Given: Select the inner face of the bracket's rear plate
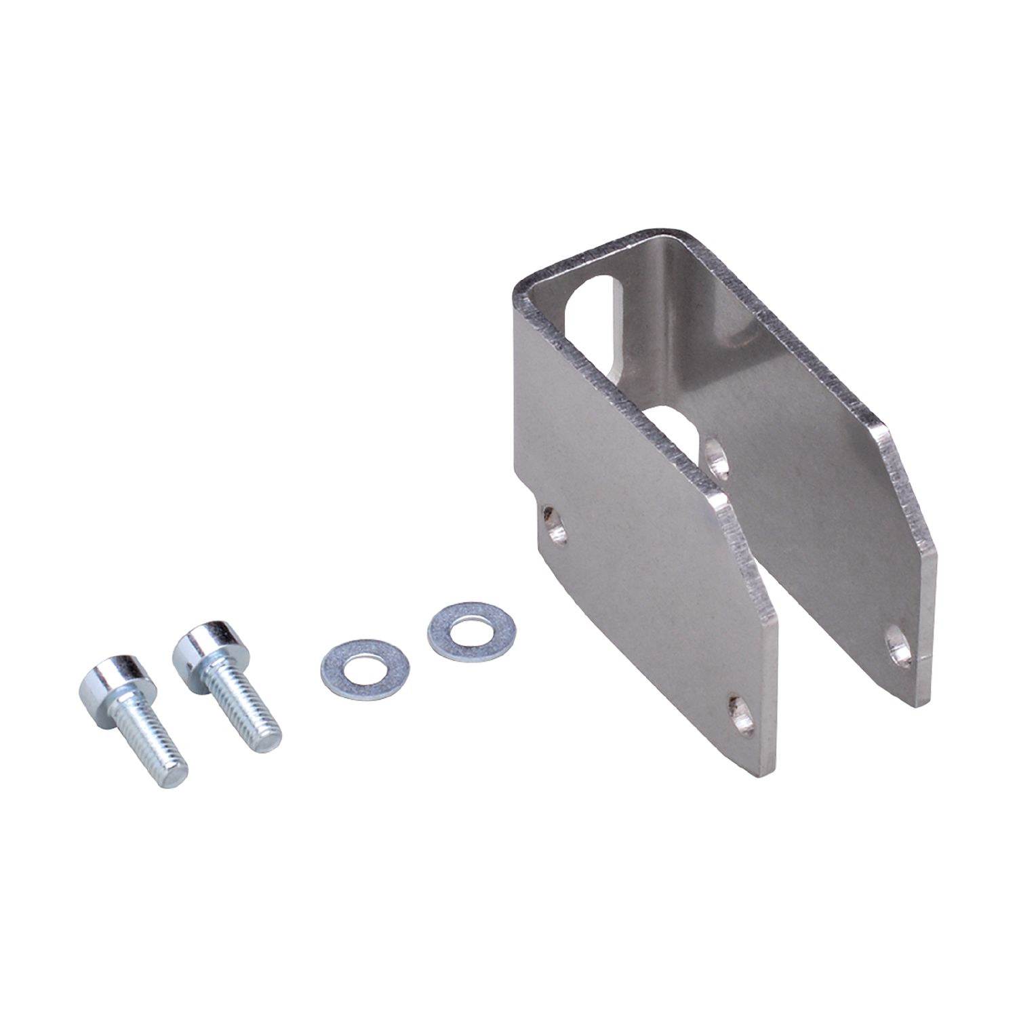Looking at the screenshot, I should [x=800, y=475].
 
